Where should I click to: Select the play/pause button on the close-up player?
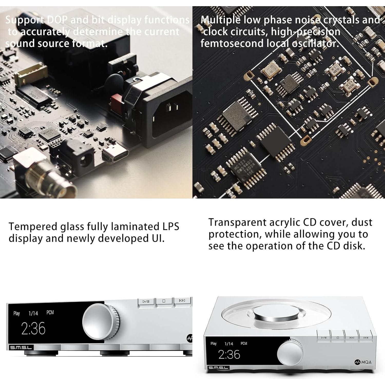point(146,301)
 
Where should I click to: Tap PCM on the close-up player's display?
point(50,313)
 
